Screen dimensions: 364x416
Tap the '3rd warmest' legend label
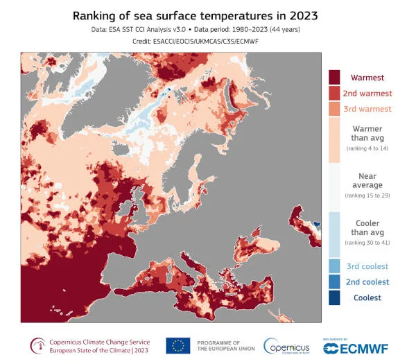367,109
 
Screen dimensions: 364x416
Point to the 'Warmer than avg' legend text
367,133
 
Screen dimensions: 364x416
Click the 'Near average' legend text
367,180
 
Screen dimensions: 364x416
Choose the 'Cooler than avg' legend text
367,227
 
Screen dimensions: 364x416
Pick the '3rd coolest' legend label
367,266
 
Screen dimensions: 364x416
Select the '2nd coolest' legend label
367,282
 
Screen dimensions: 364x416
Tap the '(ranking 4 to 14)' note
367,148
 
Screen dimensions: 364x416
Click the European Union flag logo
179,345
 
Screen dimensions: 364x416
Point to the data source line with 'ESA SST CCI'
208,31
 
